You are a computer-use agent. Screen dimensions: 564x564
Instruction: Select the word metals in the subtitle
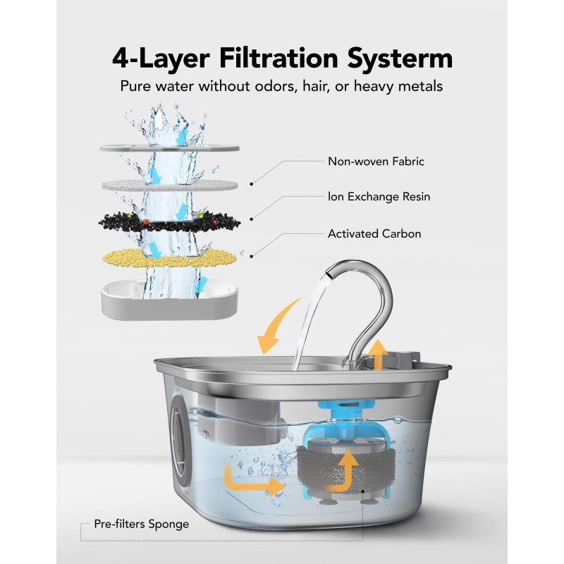(418, 87)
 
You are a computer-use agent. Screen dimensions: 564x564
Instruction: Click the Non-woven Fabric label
(376, 161)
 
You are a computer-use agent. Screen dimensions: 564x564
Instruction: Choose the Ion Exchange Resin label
(379, 197)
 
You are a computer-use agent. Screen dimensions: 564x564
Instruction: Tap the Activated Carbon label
(374, 233)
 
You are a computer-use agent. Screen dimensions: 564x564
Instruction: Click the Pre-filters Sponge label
(141, 525)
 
